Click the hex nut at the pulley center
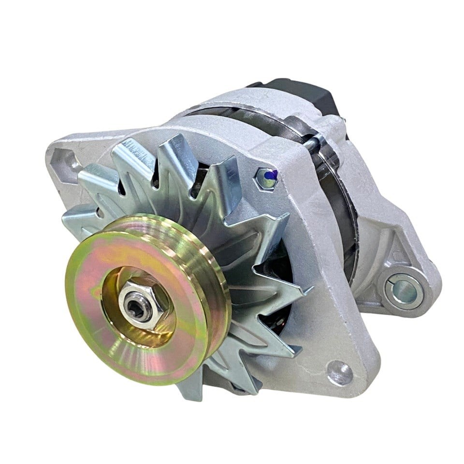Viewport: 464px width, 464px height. (144, 305)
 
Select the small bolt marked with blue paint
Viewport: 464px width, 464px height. (266, 177)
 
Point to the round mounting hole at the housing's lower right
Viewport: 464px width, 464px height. (340, 373)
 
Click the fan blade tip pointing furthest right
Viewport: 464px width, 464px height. (309, 290)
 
